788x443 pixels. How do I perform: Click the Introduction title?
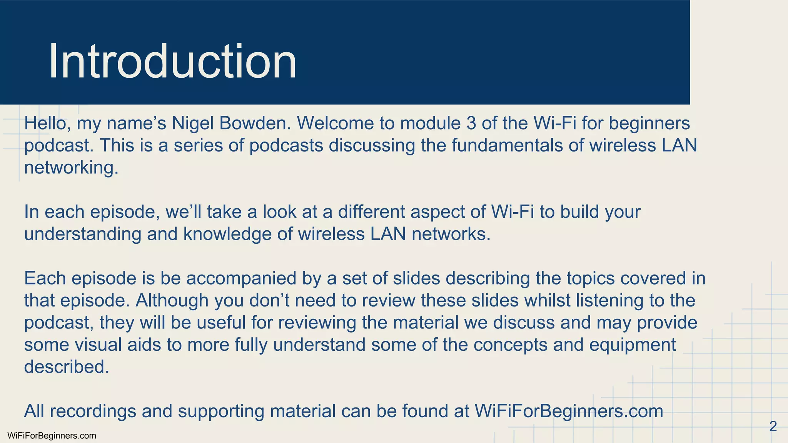click(172, 62)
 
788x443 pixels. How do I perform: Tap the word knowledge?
click(227, 234)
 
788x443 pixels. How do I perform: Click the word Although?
click(172, 300)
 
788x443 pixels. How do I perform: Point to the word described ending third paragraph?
click(66, 367)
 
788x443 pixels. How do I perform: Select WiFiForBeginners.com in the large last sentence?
click(569, 411)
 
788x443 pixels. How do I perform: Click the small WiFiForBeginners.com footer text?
click(52, 436)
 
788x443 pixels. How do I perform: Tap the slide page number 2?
click(773, 426)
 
